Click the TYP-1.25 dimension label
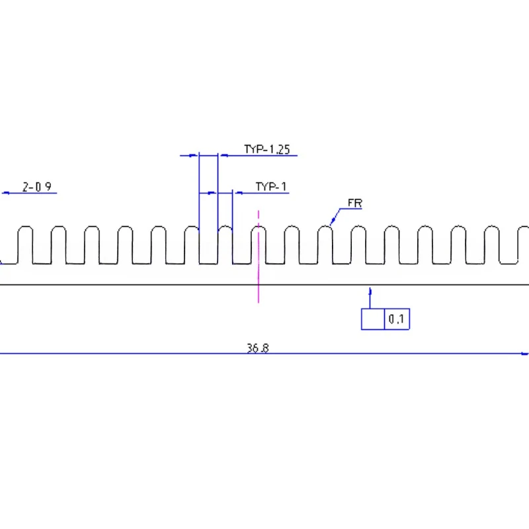(x=267, y=149)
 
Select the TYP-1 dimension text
(x=271, y=186)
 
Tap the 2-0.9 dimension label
(x=37, y=186)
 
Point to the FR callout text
(x=355, y=203)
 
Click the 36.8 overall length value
(x=258, y=348)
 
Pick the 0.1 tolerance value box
(x=397, y=319)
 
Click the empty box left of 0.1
(x=373, y=319)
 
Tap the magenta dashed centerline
(x=259, y=257)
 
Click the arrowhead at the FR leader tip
(x=333, y=221)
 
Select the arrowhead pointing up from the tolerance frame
(x=370, y=292)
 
